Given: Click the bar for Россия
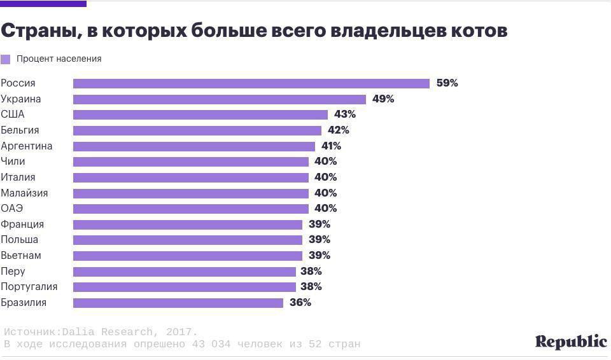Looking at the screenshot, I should (x=251, y=83).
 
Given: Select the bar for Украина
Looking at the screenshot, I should (x=220, y=99).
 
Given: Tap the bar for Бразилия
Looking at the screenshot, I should (x=178, y=303).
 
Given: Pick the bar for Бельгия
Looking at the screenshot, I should (x=197, y=130).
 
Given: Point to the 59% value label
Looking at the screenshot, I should (x=447, y=83).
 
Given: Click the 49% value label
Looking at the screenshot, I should (x=383, y=99).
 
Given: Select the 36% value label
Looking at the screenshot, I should (x=300, y=303).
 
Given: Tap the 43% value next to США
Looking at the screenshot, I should (x=345, y=114).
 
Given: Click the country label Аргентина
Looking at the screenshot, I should (x=27, y=146).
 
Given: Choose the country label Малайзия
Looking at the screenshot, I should (x=24, y=193).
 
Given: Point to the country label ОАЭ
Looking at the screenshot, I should (x=12, y=209).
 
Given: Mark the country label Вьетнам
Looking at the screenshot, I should (x=21, y=256).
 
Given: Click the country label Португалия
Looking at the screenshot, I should (x=29, y=287).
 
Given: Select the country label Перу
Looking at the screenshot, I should (x=13, y=272).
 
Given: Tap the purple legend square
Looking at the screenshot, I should (x=6, y=59).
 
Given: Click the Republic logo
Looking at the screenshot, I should (x=571, y=342).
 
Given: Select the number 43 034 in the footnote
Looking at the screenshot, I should (x=211, y=344).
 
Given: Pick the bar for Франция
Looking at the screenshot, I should (x=188, y=225).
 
